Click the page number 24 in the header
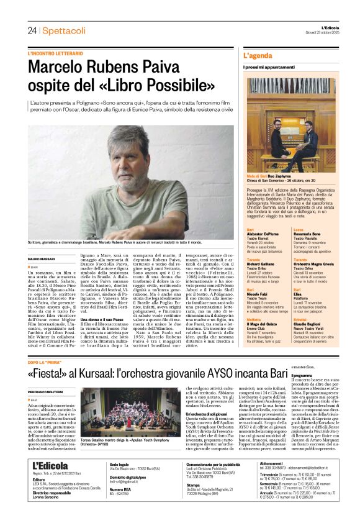[32, 30]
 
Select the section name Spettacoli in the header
[65, 30]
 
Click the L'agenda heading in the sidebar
[257, 56]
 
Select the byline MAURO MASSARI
[42, 258]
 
